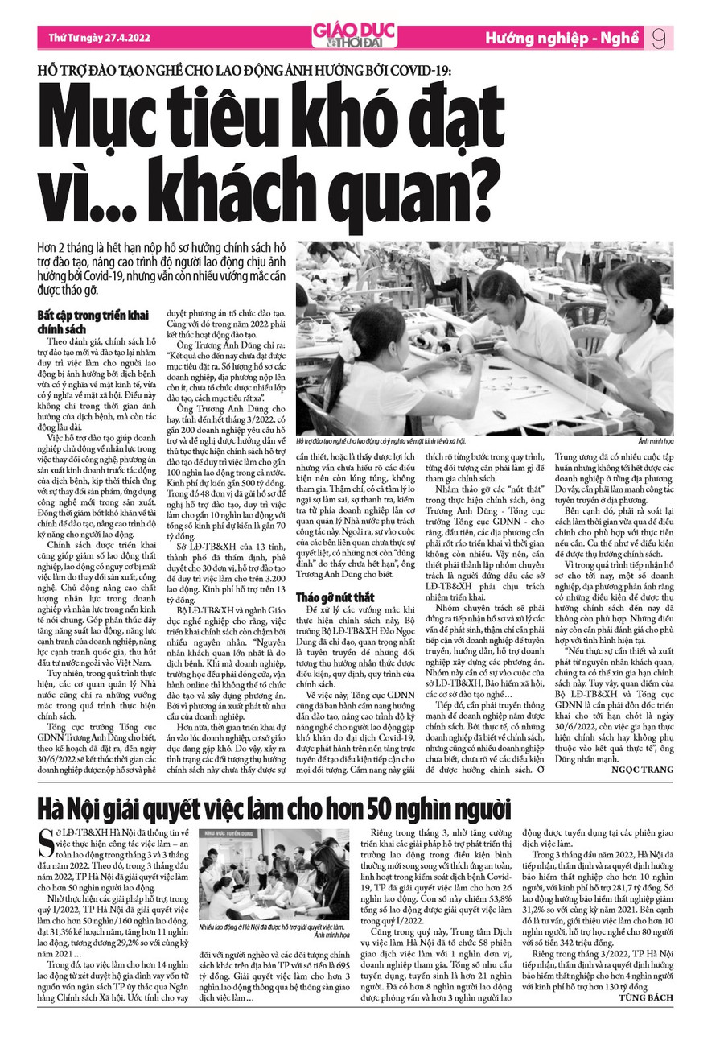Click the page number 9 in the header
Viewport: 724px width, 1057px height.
tap(658, 38)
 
